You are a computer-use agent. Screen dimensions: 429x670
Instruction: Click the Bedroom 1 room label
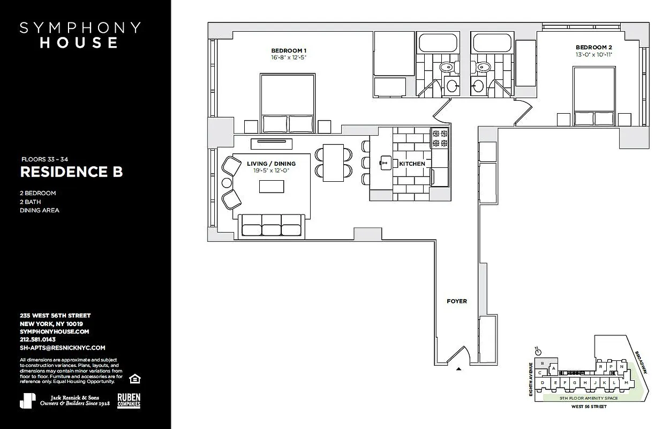pos(289,50)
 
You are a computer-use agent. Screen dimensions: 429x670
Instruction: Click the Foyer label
pos(457,301)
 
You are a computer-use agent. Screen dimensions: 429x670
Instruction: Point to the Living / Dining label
pos(271,164)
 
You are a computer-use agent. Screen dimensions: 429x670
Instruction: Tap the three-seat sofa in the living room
pos(272,225)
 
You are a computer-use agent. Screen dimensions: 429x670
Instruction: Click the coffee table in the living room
pos(272,186)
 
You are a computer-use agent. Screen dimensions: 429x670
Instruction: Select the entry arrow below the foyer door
pos(458,369)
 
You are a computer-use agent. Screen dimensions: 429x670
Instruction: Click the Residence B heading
pos(71,172)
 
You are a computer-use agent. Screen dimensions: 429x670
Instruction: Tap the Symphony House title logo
pos(80,35)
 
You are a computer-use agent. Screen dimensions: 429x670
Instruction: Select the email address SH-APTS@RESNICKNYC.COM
pos(62,347)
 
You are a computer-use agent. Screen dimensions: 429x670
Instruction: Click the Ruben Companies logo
pos(129,400)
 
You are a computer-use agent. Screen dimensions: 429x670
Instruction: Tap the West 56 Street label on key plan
pos(588,407)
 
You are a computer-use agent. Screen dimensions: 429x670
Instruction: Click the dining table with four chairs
pos(334,161)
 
